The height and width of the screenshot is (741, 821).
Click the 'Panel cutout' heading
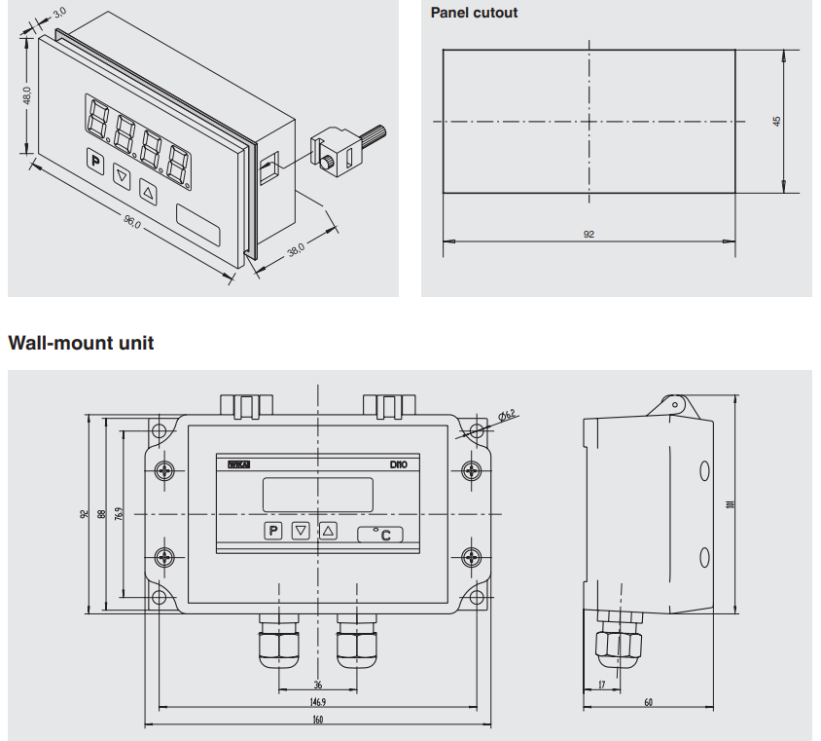point(474,13)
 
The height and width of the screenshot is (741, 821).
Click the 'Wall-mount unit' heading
point(81,344)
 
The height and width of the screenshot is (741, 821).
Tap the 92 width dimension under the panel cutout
point(589,235)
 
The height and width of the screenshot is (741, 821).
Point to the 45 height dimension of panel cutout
point(776,122)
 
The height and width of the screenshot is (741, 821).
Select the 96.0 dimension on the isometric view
point(132,222)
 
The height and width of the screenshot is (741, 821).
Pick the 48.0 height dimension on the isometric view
point(27,97)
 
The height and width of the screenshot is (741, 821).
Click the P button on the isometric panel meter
point(95,162)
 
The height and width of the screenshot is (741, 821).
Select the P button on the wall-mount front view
point(273,531)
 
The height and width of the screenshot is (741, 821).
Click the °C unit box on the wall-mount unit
point(381,534)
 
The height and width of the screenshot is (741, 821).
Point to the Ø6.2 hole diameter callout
point(508,416)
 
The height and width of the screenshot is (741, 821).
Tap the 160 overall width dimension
point(317,720)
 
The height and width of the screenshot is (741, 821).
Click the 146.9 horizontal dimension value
point(317,701)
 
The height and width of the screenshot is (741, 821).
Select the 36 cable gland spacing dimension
point(318,685)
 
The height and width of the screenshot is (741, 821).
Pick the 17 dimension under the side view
point(601,685)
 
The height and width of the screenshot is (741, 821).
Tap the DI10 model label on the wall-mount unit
point(397,465)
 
